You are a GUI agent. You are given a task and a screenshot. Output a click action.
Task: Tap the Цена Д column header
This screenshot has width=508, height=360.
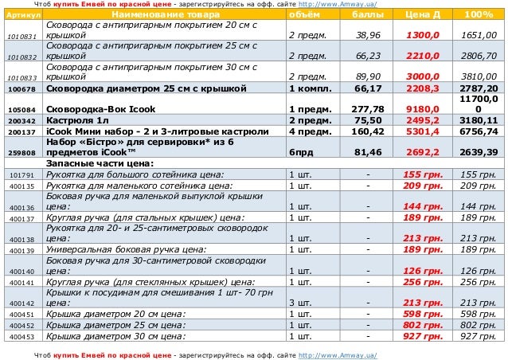tap(422, 16)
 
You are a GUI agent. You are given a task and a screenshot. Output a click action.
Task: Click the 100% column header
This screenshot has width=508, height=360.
tap(478, 16)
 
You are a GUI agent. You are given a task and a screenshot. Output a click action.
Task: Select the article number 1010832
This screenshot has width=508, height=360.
tap(21, 58)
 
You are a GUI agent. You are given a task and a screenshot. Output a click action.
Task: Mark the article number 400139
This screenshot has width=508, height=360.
tap(21, 251)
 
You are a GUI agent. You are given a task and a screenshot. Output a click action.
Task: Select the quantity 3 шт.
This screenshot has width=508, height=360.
tap(299, 303)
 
